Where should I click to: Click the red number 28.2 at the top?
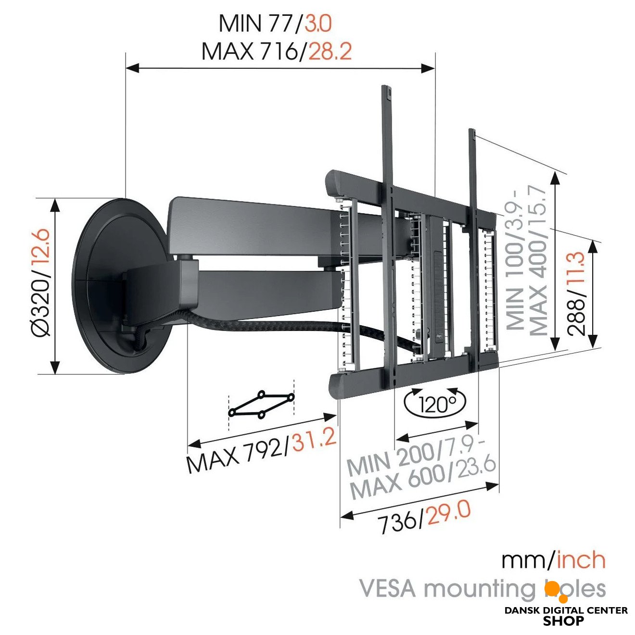point(330,51)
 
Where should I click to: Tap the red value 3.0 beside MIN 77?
point(318,24)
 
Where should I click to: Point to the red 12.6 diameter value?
point(41,247)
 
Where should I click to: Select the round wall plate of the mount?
point(124,285)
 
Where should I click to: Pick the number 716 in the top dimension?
point(278,51)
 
